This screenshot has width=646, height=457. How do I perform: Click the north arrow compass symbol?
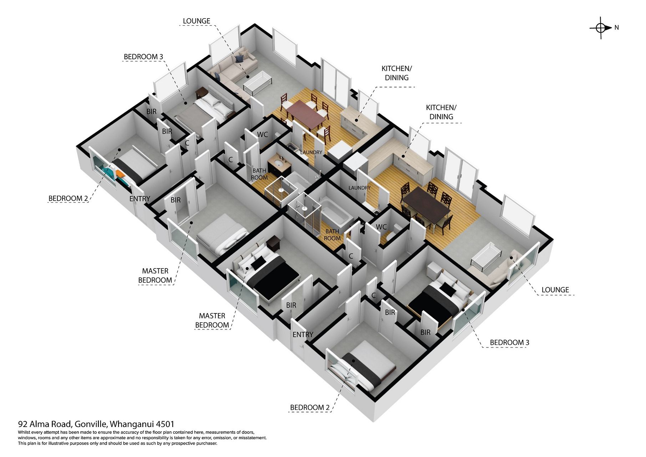pos(601,27)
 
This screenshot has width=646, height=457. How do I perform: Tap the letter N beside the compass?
pos(617,27)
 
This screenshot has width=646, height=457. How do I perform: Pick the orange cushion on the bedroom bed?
pos(120,174)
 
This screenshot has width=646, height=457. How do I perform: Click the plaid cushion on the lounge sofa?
pos(240,58)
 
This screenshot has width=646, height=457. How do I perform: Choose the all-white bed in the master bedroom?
pos(222,233)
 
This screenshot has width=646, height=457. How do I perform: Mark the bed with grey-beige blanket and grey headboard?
pos(206,109)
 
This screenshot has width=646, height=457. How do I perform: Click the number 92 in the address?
pos(23,424)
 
